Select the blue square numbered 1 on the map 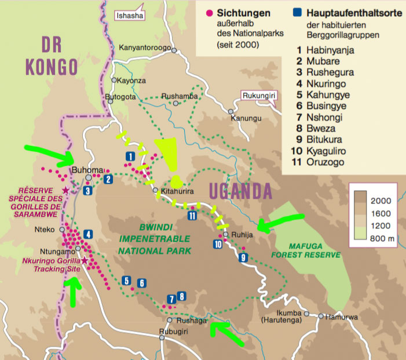tap(130, 156)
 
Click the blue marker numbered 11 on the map tap(192, 216)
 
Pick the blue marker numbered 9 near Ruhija tap(243, 257)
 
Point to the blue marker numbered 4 tap(87, 234)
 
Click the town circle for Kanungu tap(231, 111)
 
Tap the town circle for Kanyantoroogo tap(173, 51)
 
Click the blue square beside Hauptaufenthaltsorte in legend tap(296, 12)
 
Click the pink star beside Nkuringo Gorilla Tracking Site tap(85, 261)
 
